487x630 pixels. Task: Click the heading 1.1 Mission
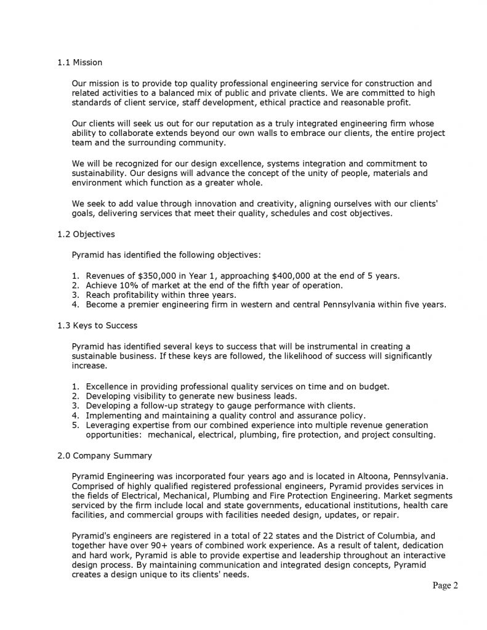pos(79,62)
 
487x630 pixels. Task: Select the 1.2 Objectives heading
pos(86,234)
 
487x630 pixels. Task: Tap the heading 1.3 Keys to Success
pos(97,325)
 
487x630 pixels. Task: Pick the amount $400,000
pos(289,276)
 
